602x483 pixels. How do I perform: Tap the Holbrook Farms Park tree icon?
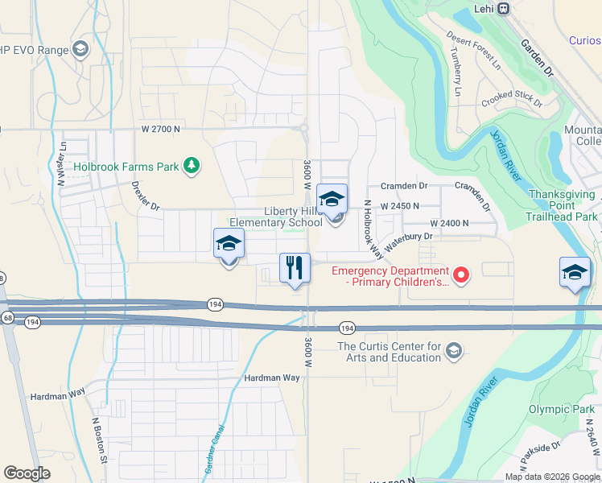tap(191, 166)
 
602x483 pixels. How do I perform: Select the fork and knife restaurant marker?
tap(295, 267)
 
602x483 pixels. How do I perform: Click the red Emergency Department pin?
tap(461, 276)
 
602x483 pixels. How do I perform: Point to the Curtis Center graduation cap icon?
tap(454, 350)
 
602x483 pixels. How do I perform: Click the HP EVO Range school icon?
tap(80, 50)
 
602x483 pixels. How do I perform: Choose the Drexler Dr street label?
tap(146, 195)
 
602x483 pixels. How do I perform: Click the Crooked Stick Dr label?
tap(512, 99)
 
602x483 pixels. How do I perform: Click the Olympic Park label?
tap(561, 409)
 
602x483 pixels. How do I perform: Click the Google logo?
tap(27, 473)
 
